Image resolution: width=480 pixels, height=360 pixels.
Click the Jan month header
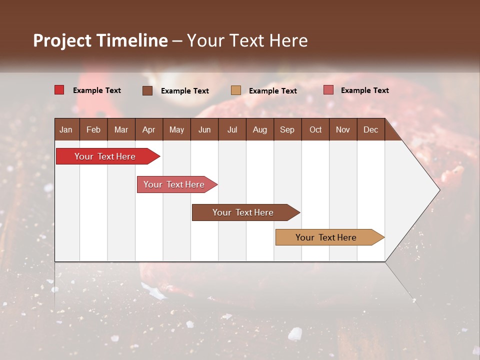[66, 129]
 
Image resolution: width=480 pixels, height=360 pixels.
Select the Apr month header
[148, 129]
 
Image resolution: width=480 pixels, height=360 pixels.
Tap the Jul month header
[232, 129]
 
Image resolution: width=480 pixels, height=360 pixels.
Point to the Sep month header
[287, 129]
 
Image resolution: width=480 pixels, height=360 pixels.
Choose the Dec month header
[370, 129]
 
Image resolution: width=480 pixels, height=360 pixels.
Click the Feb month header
[93, 129]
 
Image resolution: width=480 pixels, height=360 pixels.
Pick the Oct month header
[315, 129]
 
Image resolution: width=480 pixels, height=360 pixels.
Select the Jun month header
[204, 129]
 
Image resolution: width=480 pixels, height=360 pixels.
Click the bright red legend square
[59, 90]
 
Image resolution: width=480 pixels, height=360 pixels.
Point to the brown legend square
[147, 90]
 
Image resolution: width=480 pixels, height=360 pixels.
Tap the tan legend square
[236, 90]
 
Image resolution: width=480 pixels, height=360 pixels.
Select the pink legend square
[328, 90]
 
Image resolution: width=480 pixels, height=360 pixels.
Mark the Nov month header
[343, 129]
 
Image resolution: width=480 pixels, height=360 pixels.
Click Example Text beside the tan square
[272, 91]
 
